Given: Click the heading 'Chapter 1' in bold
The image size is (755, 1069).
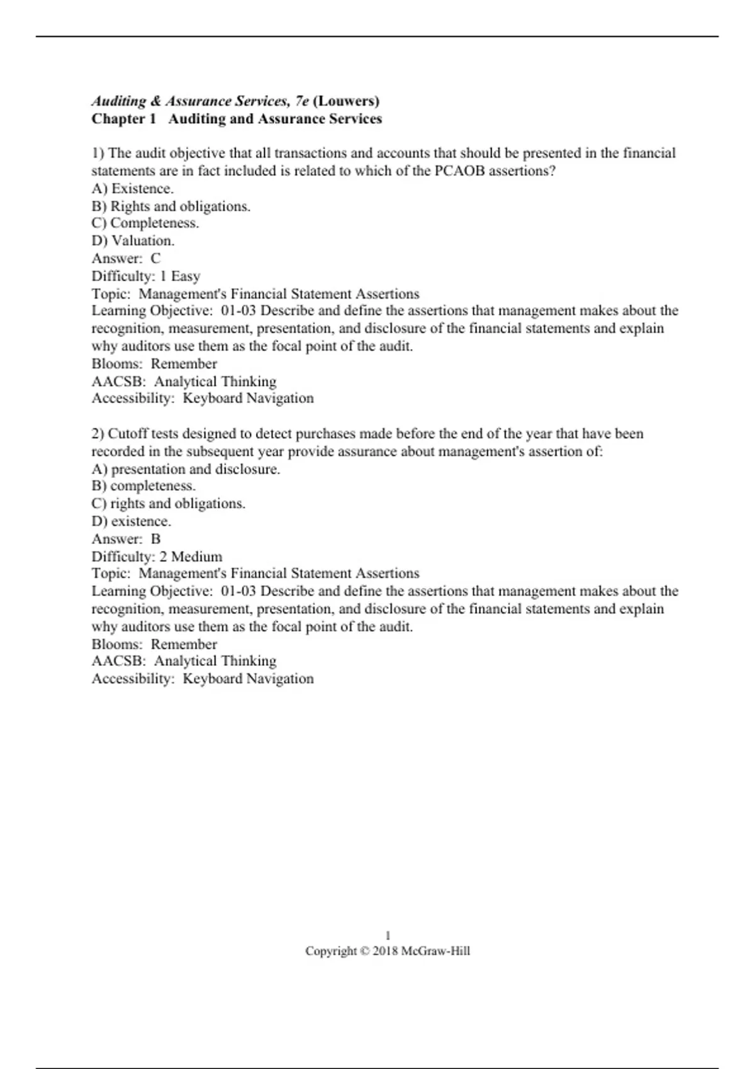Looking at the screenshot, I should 123,119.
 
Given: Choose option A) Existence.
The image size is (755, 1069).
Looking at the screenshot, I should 133,189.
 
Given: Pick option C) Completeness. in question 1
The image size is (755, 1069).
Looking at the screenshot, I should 145,223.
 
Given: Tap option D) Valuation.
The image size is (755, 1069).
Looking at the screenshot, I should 133,241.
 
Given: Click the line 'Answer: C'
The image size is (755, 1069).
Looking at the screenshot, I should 126,258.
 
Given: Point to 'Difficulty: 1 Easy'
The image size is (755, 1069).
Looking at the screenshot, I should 146,276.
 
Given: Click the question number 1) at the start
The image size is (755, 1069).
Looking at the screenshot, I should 98,153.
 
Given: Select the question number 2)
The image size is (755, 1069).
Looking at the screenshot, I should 98,434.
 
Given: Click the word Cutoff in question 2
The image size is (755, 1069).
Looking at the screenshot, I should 128,434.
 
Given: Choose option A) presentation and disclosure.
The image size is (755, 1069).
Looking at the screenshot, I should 186,469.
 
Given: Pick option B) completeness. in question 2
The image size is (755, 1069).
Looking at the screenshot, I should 143,486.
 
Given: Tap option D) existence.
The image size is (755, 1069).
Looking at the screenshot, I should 131,521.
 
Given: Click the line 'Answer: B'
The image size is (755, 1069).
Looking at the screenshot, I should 126,539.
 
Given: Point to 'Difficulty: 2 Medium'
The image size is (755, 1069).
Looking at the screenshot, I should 157,557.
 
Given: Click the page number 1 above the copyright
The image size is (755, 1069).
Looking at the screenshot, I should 388,936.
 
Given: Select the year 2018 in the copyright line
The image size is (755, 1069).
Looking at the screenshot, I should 385,951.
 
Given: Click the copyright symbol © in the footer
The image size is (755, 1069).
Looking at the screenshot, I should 365,951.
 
